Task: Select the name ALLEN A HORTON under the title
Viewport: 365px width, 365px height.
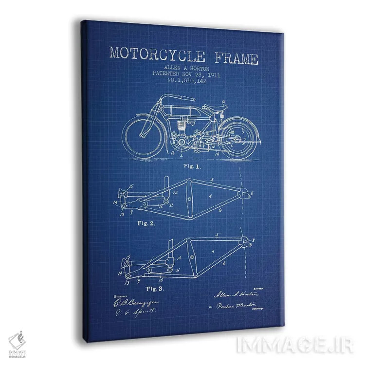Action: coord(181,69)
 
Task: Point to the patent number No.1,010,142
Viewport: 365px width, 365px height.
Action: coord(187,81)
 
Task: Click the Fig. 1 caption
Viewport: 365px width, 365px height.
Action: coord(192,165)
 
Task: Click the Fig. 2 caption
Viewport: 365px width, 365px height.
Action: coord(146,223)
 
